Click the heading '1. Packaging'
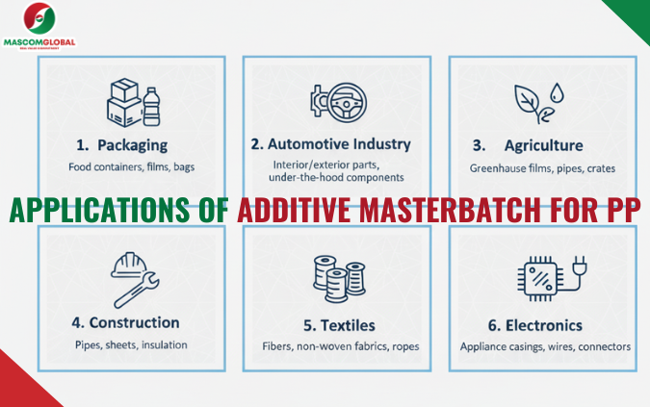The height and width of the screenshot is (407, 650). pos(121,145)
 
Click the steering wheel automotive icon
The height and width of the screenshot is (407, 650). pos(330,104)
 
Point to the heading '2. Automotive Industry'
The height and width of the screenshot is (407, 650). pos(330,144)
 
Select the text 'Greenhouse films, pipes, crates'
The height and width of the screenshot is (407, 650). pos(542,168)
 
